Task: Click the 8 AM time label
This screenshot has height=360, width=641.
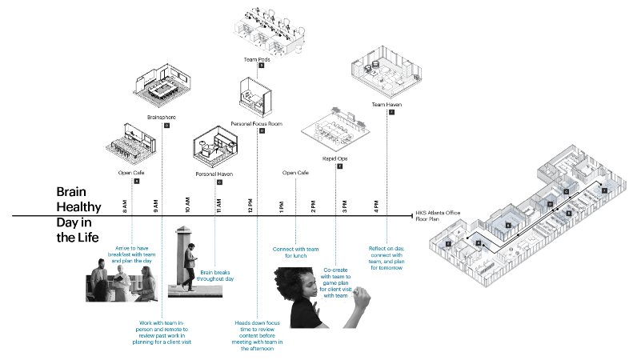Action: pos(125,206)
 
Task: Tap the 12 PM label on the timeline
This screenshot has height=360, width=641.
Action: pos(250,206)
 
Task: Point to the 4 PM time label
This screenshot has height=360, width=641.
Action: pos(376,206)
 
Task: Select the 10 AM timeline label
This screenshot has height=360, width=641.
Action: pos(187,206)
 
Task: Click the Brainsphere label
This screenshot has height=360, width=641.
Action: pos(162,118)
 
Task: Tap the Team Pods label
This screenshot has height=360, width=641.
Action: pos(255,59)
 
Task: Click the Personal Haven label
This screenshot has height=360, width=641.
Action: pos(214,174)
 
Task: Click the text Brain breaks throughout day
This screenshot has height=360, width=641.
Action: pos(216,275)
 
